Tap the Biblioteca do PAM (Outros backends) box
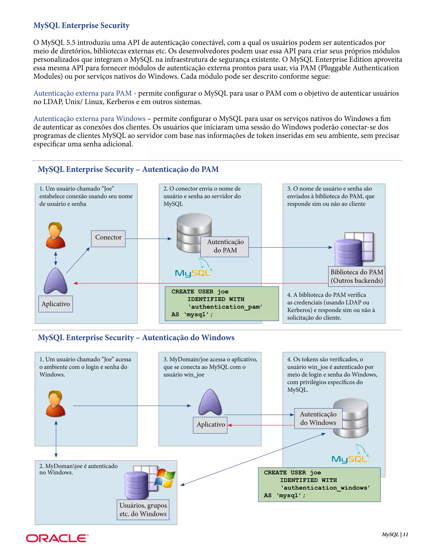(357, 276)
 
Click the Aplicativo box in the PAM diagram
(56, 304)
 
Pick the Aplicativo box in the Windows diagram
(210, 425)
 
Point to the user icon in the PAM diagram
(55, 235)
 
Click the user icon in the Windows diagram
(55, 403)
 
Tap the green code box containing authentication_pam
(222, 303)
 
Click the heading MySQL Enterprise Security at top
(81, 25)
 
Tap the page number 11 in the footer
(406, 534)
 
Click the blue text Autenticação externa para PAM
(82, 93)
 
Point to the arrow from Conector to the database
(148, 239)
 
